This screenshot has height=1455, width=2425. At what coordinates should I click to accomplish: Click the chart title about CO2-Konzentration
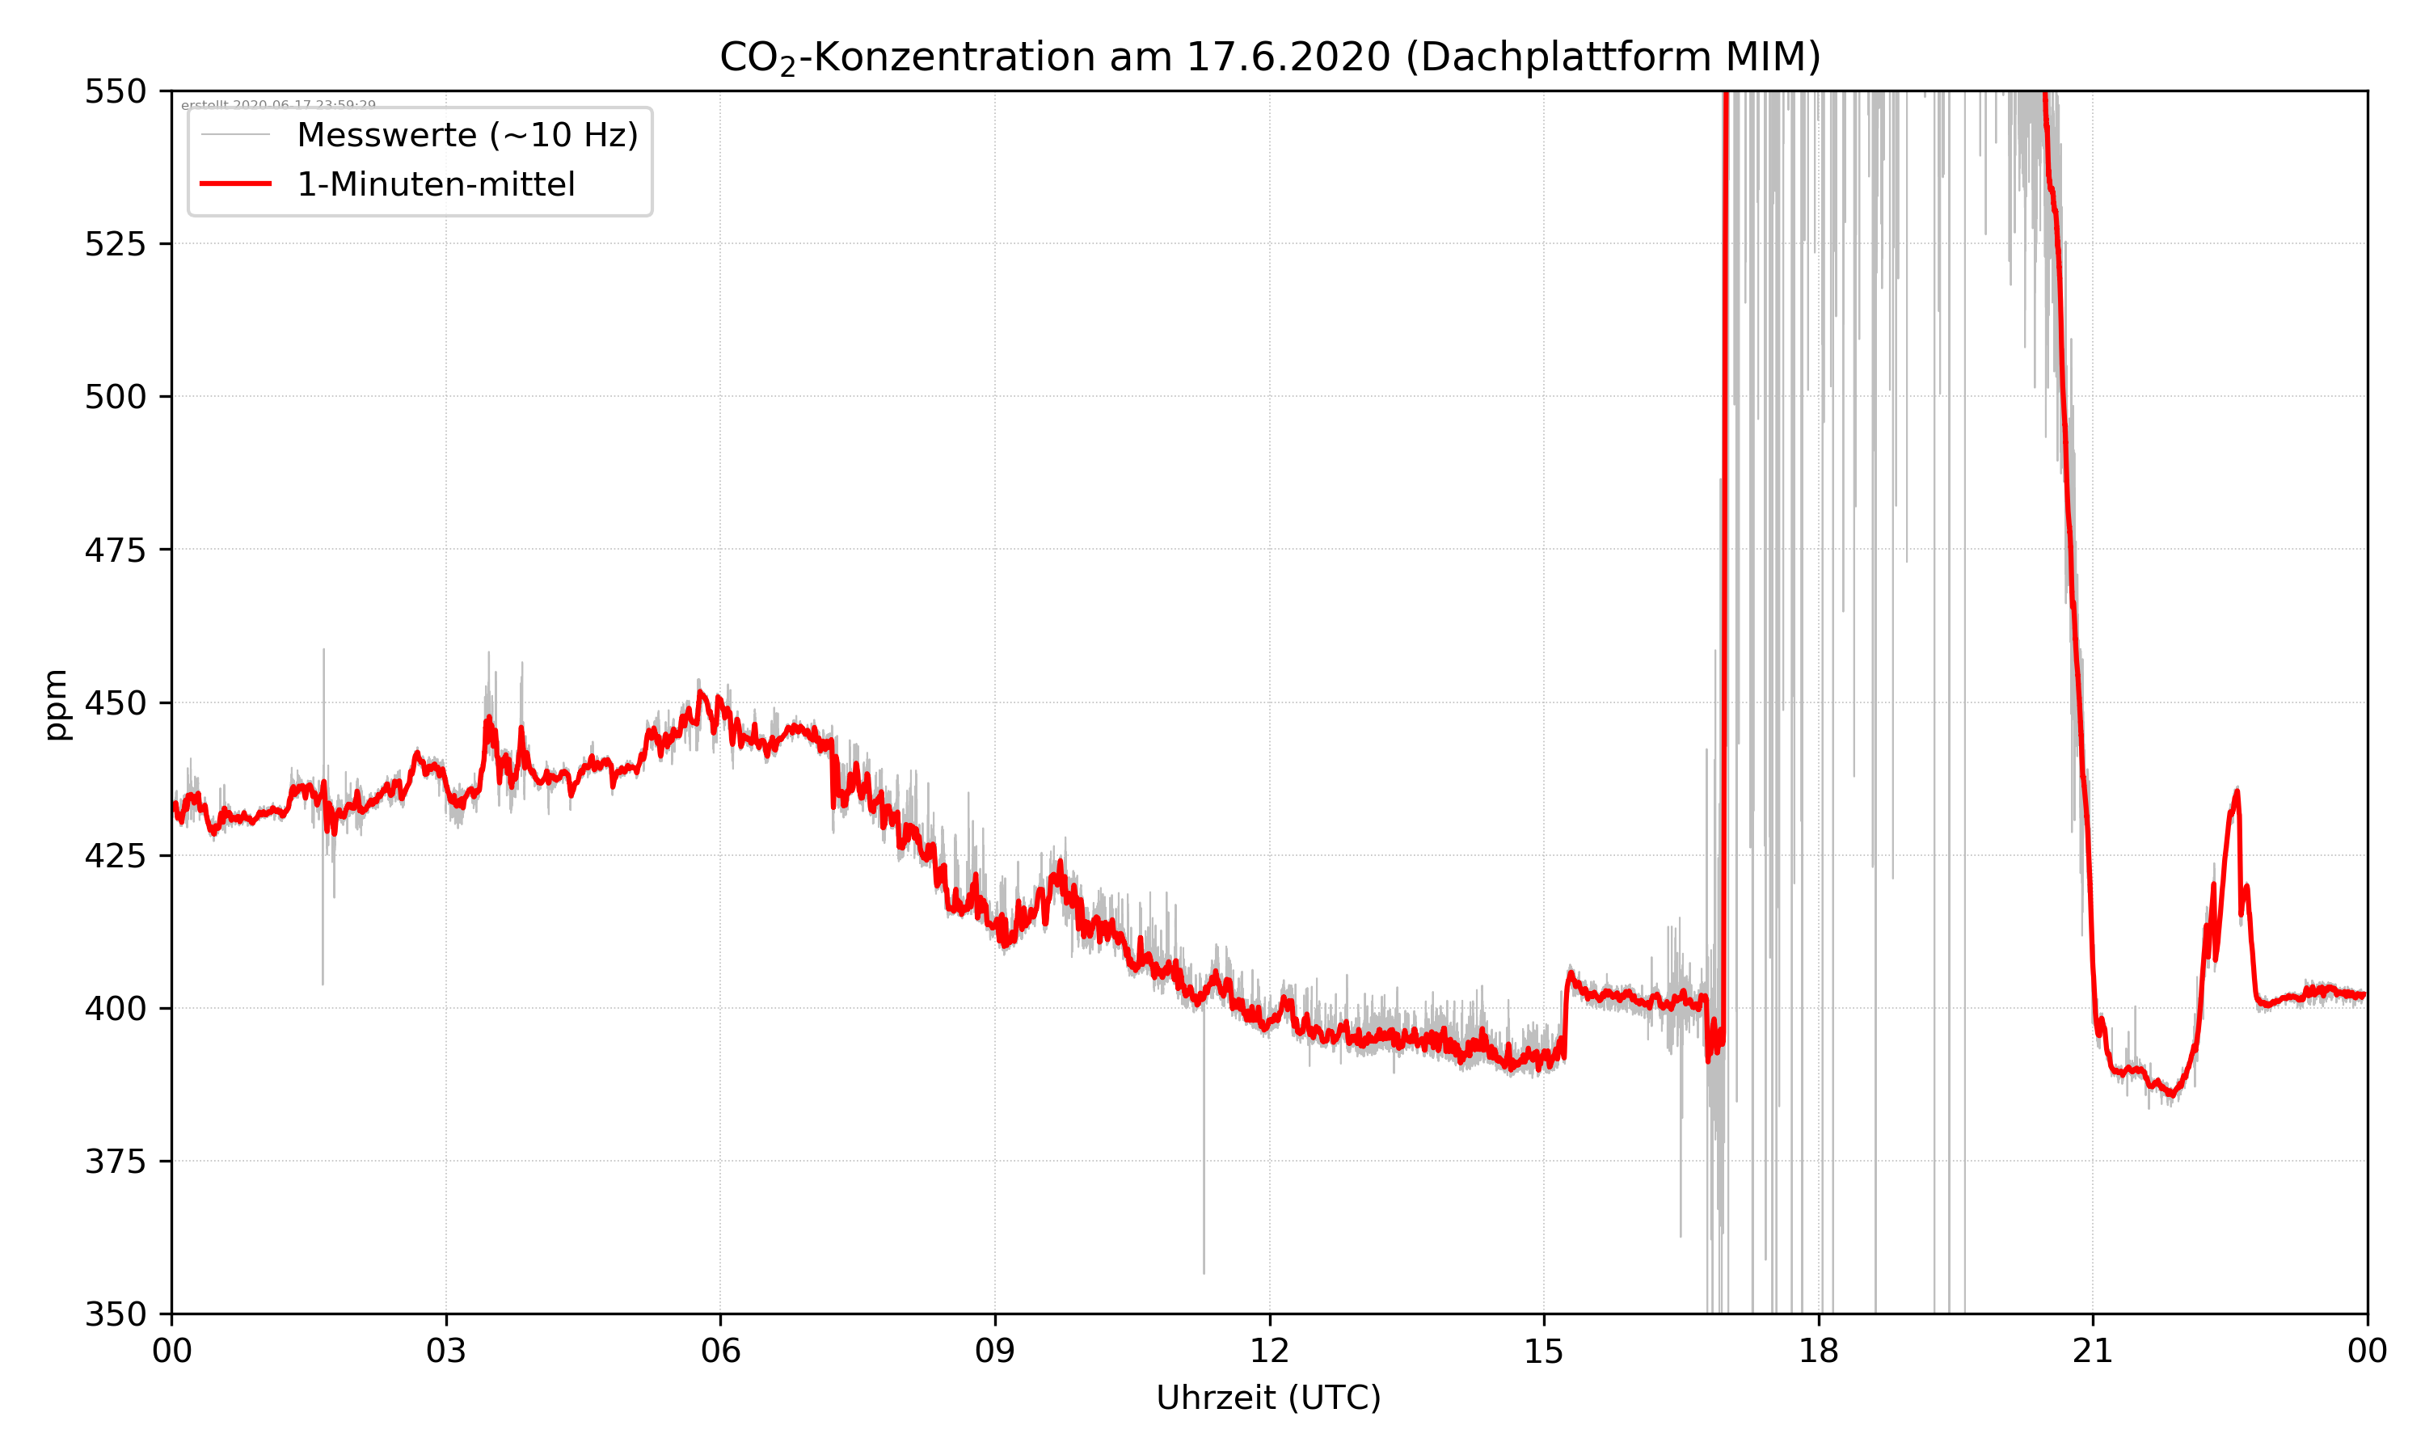click(1269, 57)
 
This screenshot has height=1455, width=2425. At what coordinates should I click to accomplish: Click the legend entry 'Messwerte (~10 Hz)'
click(466, 135)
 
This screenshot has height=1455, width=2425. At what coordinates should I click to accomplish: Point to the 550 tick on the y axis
click(115, 91)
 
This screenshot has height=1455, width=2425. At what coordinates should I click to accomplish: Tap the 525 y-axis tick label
click(115, 244)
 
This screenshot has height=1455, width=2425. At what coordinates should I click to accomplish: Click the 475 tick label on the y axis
click(115, 550)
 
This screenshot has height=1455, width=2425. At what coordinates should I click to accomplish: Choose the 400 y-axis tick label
click(115, 1009)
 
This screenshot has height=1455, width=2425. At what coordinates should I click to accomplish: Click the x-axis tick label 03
click(446, 1351)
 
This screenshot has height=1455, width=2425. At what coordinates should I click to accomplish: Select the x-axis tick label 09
click(995, 1351)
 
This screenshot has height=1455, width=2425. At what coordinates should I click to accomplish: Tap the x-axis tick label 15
click(1544, 1351)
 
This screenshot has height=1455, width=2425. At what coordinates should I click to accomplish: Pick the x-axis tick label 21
click(2093, 1351)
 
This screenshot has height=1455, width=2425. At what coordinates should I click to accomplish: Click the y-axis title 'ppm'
click(56, 704)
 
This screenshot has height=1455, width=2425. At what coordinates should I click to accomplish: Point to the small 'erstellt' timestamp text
click(278, 105)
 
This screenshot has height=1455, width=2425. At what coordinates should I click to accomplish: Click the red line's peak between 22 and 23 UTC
click(2237, 791)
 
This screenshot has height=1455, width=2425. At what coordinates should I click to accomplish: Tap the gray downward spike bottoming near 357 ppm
click(1204, 1271)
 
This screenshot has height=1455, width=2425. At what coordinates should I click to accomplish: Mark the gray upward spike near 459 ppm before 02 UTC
click(323, 651)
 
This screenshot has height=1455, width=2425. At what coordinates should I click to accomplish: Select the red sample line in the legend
click(235, 184)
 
